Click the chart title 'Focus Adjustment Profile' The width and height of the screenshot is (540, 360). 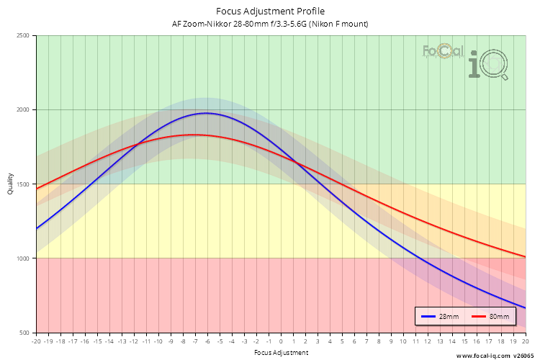click(x=270, y=11)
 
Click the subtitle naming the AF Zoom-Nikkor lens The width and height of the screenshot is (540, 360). click(x=270, y=24)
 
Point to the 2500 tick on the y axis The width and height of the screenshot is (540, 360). click(x=22, y=36)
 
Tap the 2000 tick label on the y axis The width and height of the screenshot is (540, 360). click(x=22, y=110)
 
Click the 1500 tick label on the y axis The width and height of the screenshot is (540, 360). click(x=22, y=184)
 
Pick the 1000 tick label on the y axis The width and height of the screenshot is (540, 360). click(x=22, y=258)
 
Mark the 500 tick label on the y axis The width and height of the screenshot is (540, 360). click(x=24, y=333)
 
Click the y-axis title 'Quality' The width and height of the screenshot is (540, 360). click(x=10, y=184)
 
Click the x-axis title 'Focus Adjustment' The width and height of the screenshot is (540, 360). click(x=281, y=353)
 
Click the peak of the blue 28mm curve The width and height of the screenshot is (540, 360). click(x=207, y=113)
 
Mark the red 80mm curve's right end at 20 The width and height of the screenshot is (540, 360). click(x=525, y=256)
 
